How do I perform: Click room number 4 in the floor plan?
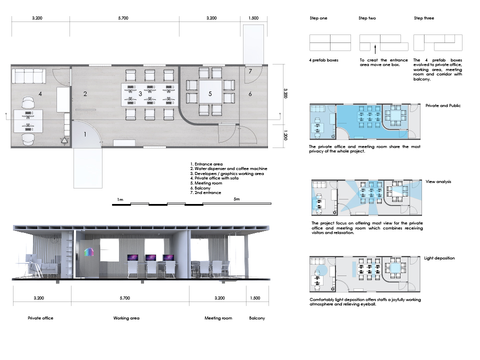tap(40, 94)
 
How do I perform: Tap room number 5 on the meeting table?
tap(210, 93)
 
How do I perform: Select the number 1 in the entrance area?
tap(85, 134)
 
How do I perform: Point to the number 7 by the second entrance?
tap(250, 71)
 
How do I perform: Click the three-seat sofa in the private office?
tap(29, 76)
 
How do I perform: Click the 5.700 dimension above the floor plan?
tap(123, 18)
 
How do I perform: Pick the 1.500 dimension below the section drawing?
tap(255, 298)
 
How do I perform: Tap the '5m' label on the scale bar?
tap(236, 199)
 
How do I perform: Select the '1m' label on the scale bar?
tap(120, 199)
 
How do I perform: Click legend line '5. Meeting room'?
tap(206, 183)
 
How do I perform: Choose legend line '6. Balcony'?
tap(200, 188)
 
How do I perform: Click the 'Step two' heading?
tap(367, 18)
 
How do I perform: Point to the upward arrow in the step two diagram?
tap(375, 49)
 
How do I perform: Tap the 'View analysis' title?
tap(438, 181)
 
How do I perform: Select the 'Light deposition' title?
tap(439, 258)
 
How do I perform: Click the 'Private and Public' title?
tap(443, 105)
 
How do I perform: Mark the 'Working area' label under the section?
tap(126, 318)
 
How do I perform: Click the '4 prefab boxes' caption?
tap(323, 60)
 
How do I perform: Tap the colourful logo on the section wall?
tap(89, 251)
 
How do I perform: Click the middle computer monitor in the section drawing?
tap(150, 257)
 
